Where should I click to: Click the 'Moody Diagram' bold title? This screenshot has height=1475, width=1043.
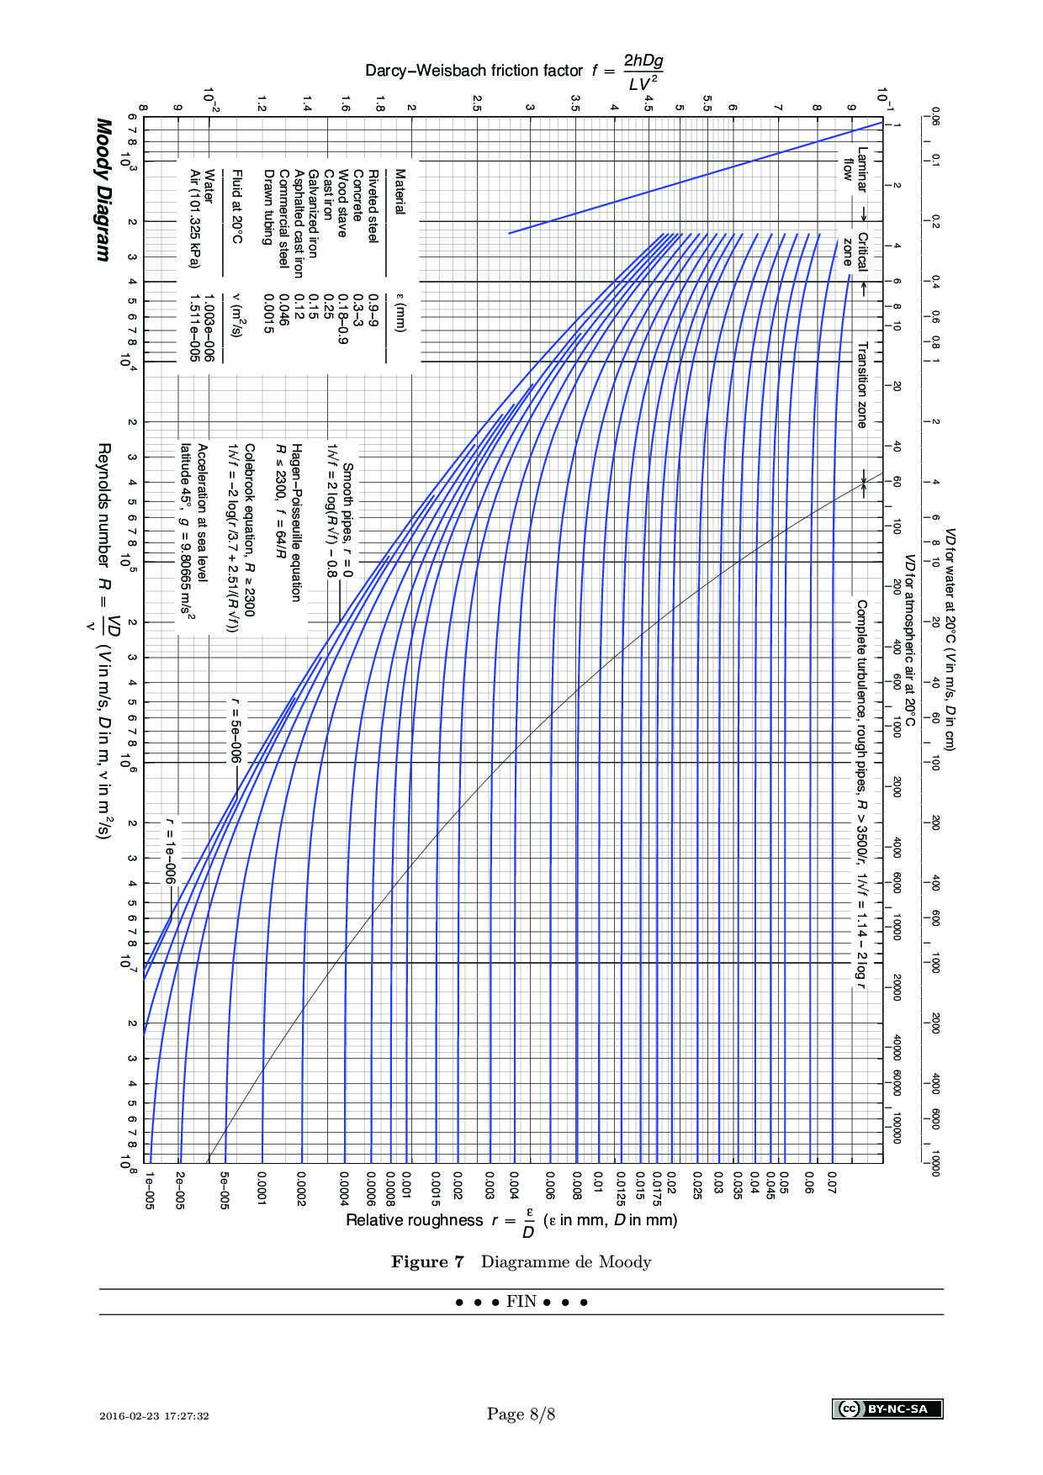[x=103, y=189]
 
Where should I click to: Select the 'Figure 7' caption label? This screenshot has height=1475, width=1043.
[x=427, y=1261]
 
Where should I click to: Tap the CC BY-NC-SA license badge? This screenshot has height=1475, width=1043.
[x=887, y=1409]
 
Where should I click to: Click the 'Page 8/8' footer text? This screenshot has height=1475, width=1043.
[x=521, y=1414]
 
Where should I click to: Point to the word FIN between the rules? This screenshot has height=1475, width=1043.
[x=521, y=1302]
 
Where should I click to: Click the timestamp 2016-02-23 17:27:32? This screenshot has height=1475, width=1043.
[x=166, y=1416]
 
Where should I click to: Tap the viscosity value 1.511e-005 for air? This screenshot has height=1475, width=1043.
[x=195, y=327]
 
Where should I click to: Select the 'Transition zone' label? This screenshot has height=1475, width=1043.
[x=861, y=384]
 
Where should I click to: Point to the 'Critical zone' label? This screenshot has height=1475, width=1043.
[x=855, y=250]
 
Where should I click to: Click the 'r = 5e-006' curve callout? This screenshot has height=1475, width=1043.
[x=237, y=726]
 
